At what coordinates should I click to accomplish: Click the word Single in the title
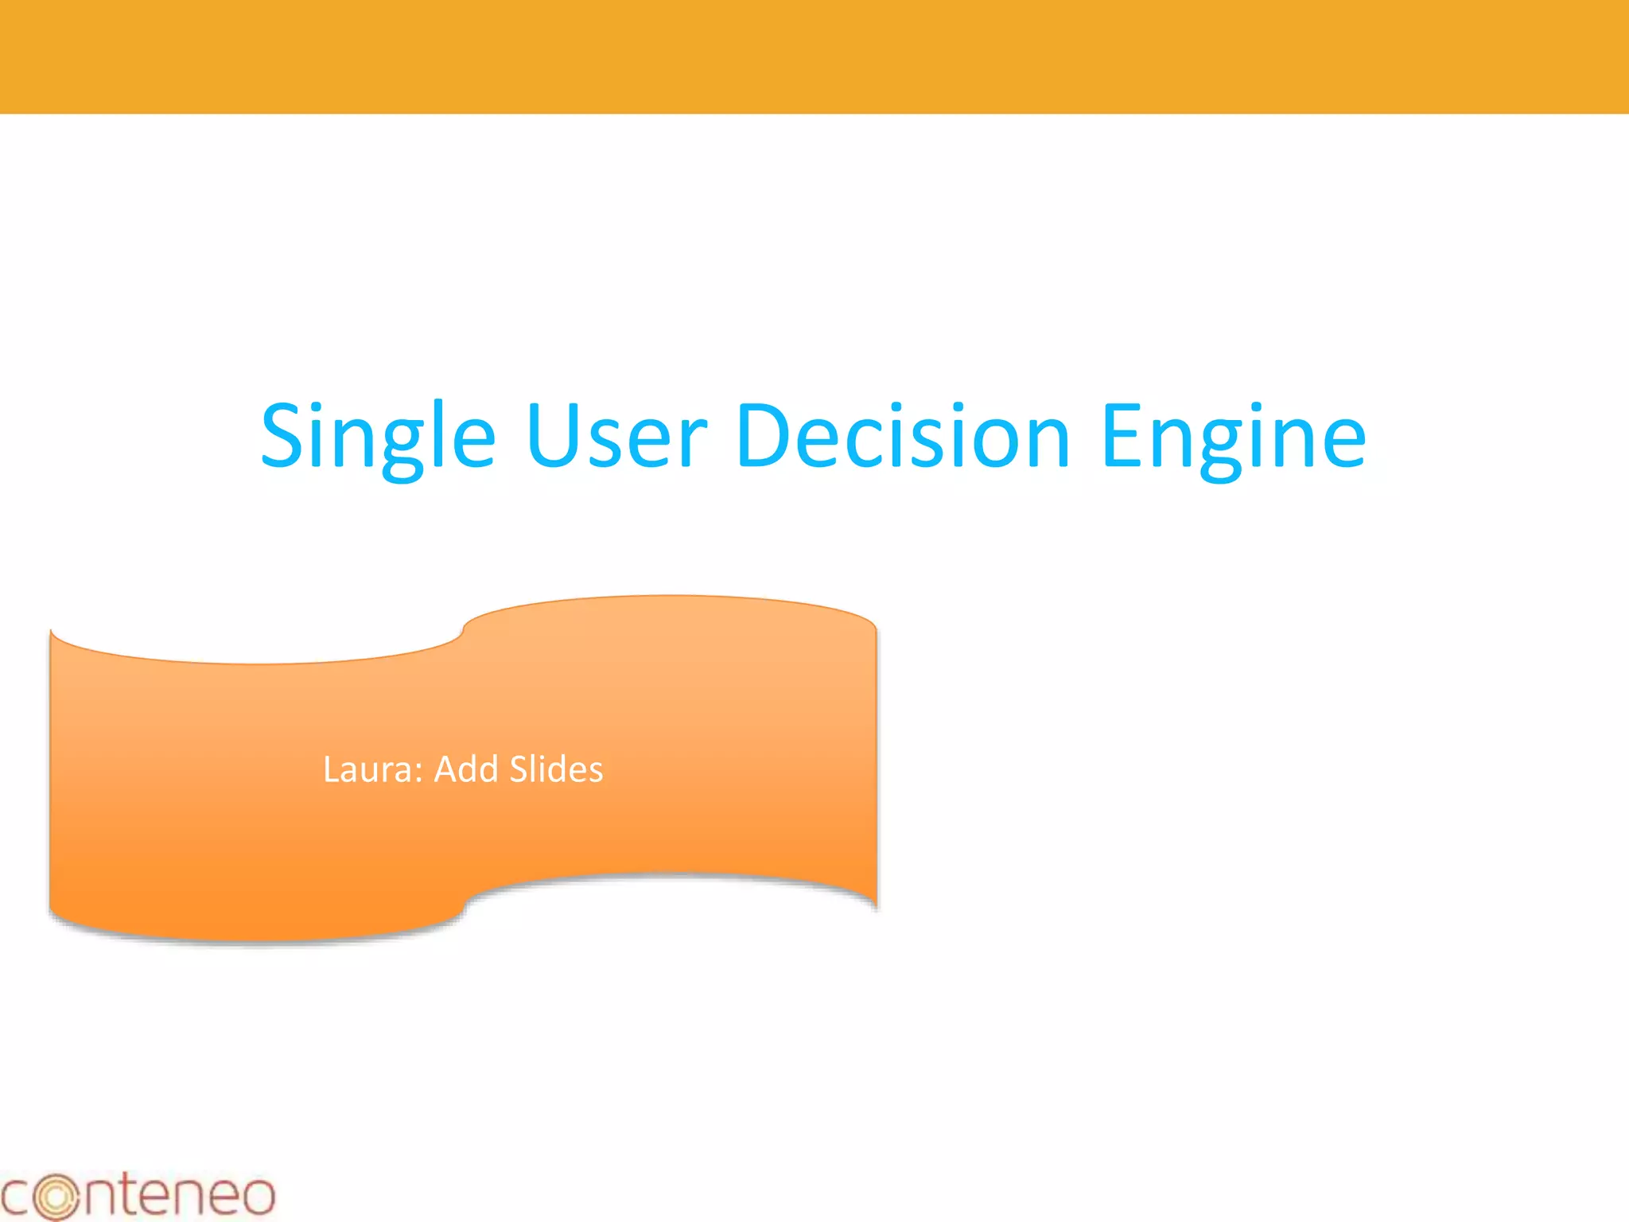pos(378,437)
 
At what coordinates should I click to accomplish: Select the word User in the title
pos(616,437)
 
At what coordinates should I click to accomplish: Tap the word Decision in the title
pos(903,437)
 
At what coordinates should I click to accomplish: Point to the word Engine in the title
pos(1233,437)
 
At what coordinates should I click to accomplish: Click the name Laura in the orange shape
pos(368,769)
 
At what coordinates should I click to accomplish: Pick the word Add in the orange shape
pos(465,769)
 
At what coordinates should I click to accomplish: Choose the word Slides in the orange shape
pos(556,769)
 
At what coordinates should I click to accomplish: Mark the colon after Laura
pos(418,773)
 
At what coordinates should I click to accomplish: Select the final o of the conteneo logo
pos(255,1197)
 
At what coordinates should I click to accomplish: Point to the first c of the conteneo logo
pos(16,1197)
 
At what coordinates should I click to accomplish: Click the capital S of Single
pos(285,435)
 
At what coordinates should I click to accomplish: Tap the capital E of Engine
pos(1123,435)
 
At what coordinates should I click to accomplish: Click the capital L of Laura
pos(331,769)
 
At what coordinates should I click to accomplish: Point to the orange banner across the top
pos(814,56)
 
